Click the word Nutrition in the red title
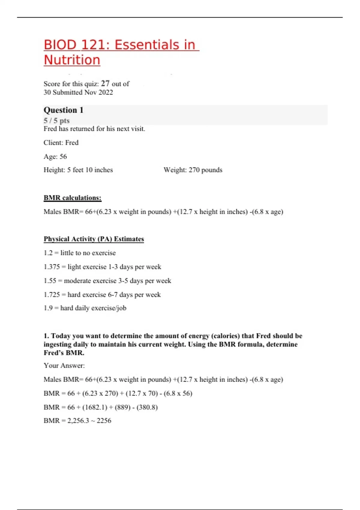72,60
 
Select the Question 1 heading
64,110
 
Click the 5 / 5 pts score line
57,121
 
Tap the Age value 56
63,157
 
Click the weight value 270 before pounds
194,170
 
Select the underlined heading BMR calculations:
73,198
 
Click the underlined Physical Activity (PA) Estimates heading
94,239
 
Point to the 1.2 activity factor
48,253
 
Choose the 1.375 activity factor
52,267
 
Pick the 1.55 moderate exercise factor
50,281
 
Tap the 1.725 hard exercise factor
52,295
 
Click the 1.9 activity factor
48,308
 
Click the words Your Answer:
64,365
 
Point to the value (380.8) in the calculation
147,407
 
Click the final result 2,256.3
78,421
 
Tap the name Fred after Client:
72,143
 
